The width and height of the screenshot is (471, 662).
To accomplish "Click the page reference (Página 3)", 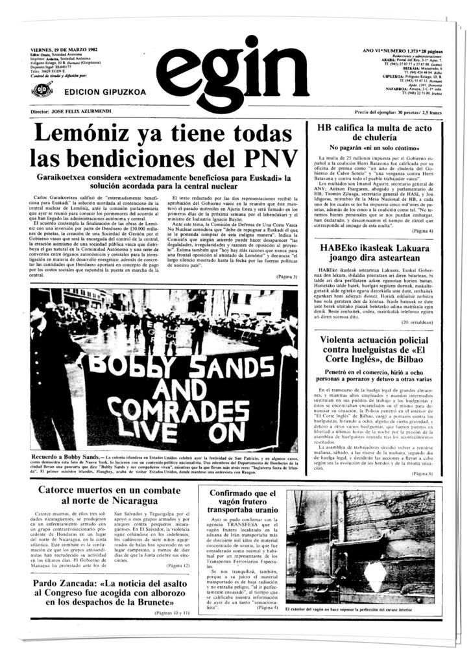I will point(286,278).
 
